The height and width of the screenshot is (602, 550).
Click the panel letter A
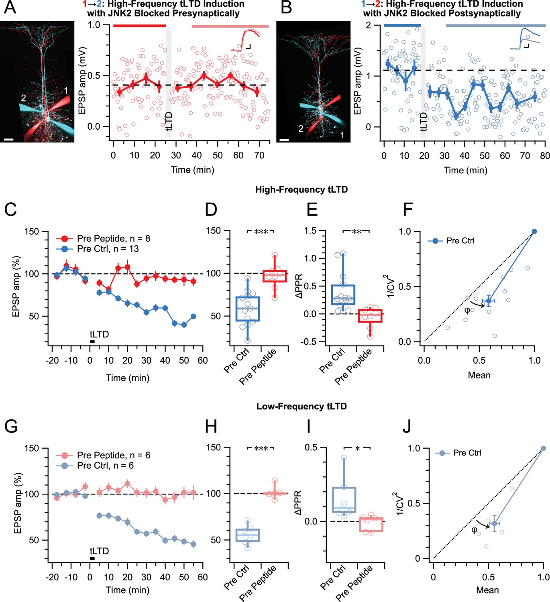pos(10,7)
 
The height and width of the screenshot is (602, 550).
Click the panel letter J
pos(407,426)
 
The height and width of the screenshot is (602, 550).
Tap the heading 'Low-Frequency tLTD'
pos(301,406)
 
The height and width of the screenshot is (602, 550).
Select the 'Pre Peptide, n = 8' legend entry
pos(103,238)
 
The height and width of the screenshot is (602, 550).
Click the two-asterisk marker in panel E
pos(356,232)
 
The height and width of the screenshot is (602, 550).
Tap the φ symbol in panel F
pos(467,310)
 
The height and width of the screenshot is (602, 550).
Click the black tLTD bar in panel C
pos(92,342)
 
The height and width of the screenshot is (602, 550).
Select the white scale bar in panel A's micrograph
pos(9,140)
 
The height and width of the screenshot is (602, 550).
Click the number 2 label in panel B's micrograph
pos(301,128)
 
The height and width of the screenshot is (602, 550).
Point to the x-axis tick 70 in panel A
pos(259,155)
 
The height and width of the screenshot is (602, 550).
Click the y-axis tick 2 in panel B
pos(368,25)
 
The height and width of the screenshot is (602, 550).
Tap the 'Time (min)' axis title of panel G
pos(128,590)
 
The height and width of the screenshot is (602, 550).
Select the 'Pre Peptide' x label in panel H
pos(258,583)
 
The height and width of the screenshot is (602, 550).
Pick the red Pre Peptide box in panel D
pos(275,276)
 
